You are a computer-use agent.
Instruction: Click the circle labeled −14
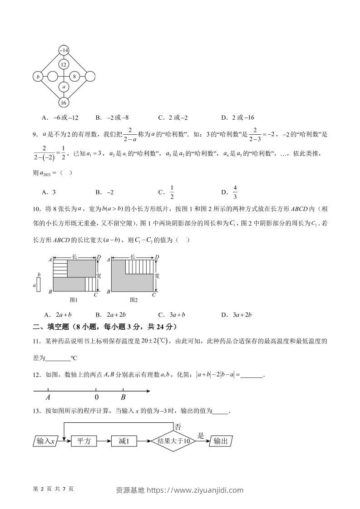point(64,50)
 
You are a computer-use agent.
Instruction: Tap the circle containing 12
point(64,64)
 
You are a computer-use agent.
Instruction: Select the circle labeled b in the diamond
point(38,77)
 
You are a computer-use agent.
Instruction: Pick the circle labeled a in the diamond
point(64,86)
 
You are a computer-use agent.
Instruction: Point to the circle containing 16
point(64,102)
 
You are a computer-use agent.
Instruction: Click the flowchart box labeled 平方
point(84,441)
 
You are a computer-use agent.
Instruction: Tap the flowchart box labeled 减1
point(124,441)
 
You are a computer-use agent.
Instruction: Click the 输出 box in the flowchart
point(221,441)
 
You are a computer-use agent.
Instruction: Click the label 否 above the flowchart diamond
point(178,427)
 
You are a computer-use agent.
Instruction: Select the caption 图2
point(133,300)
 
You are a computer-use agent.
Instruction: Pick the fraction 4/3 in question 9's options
point(235,192)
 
